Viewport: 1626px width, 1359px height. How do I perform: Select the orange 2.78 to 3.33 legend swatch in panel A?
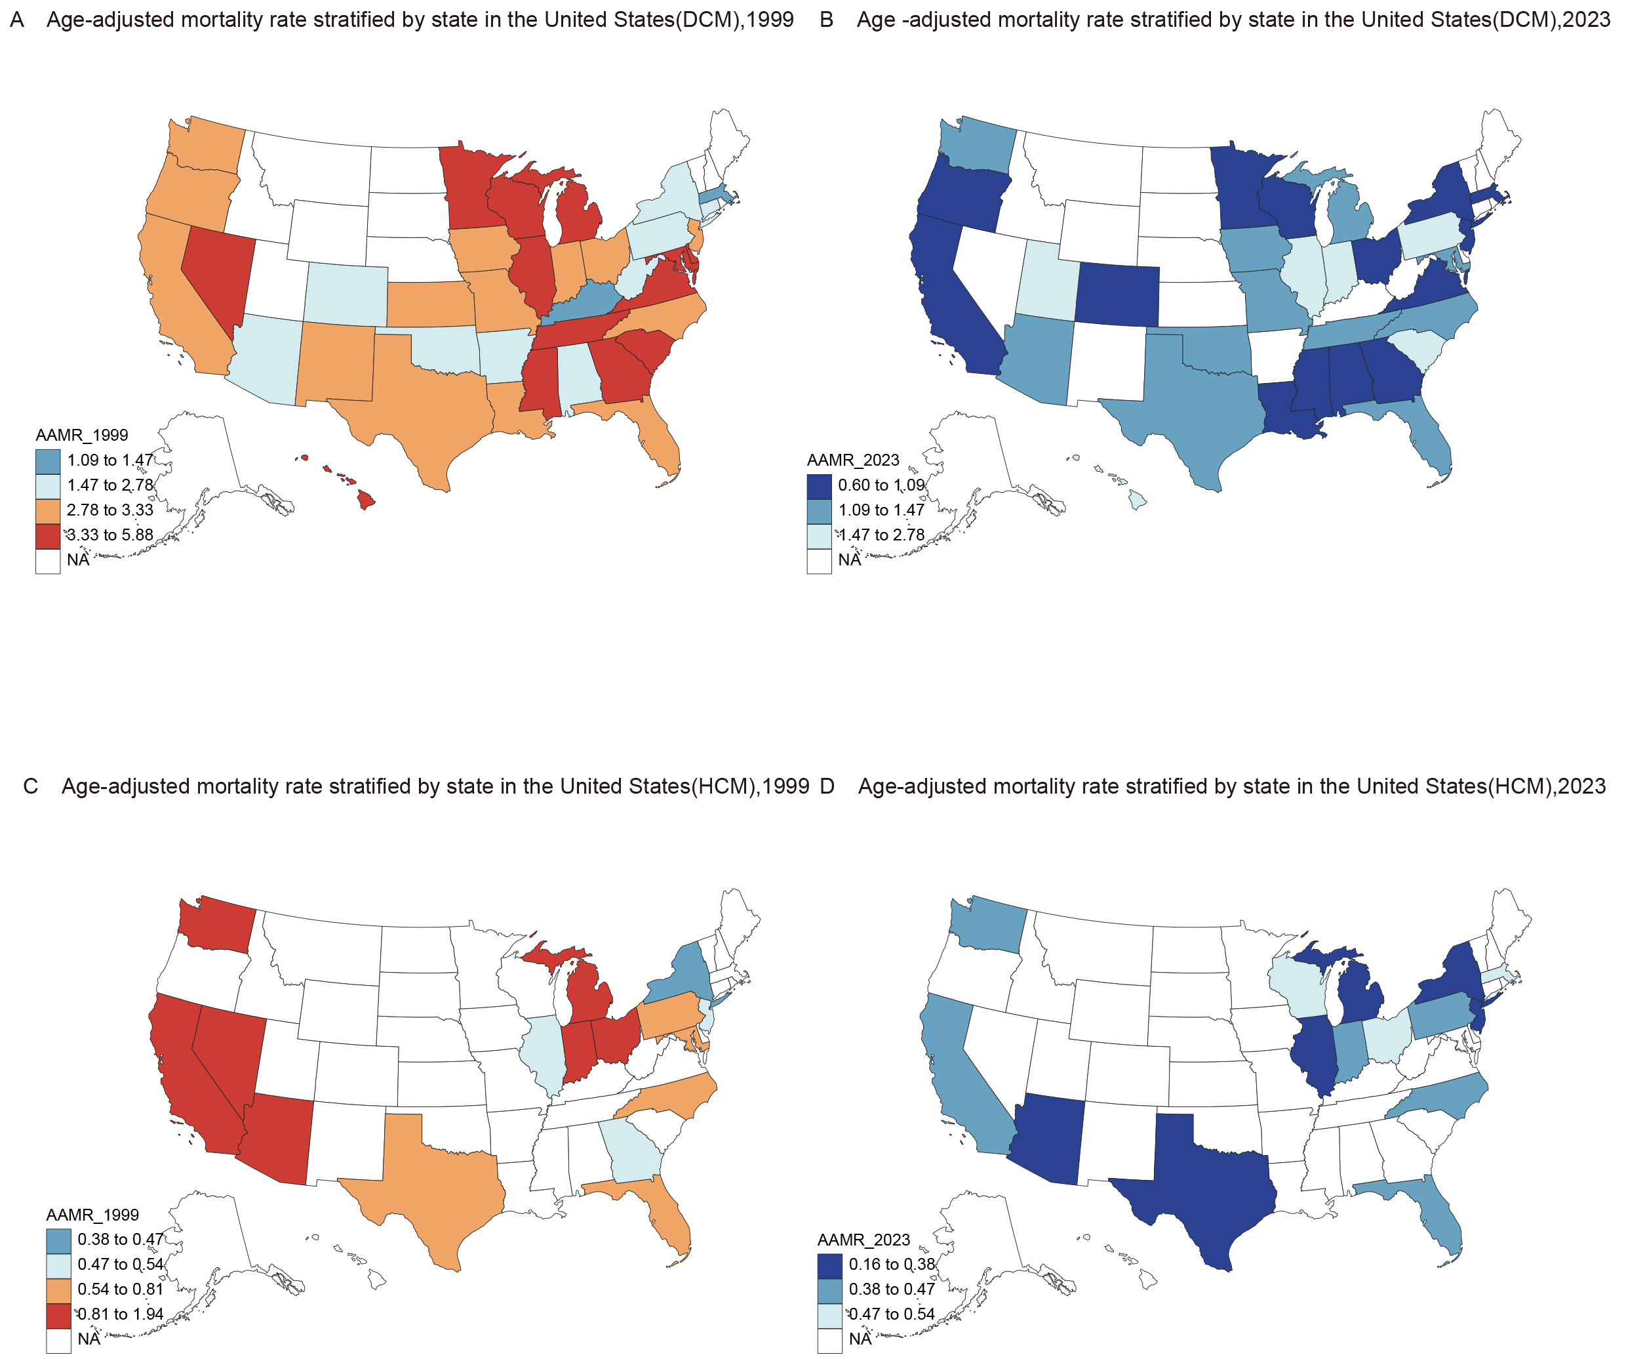pos(48,511)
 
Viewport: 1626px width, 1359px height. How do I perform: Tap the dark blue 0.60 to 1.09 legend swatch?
pos(819,486)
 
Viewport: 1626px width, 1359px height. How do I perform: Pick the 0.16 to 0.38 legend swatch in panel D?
pos(830,1266)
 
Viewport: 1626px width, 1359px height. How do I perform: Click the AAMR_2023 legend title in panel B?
pos(853,460)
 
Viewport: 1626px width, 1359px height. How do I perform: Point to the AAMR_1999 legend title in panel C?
pos(93,1215)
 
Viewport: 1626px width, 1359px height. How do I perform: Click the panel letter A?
pos(17,20)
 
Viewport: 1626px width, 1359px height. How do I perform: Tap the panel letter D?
pos(827,787)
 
